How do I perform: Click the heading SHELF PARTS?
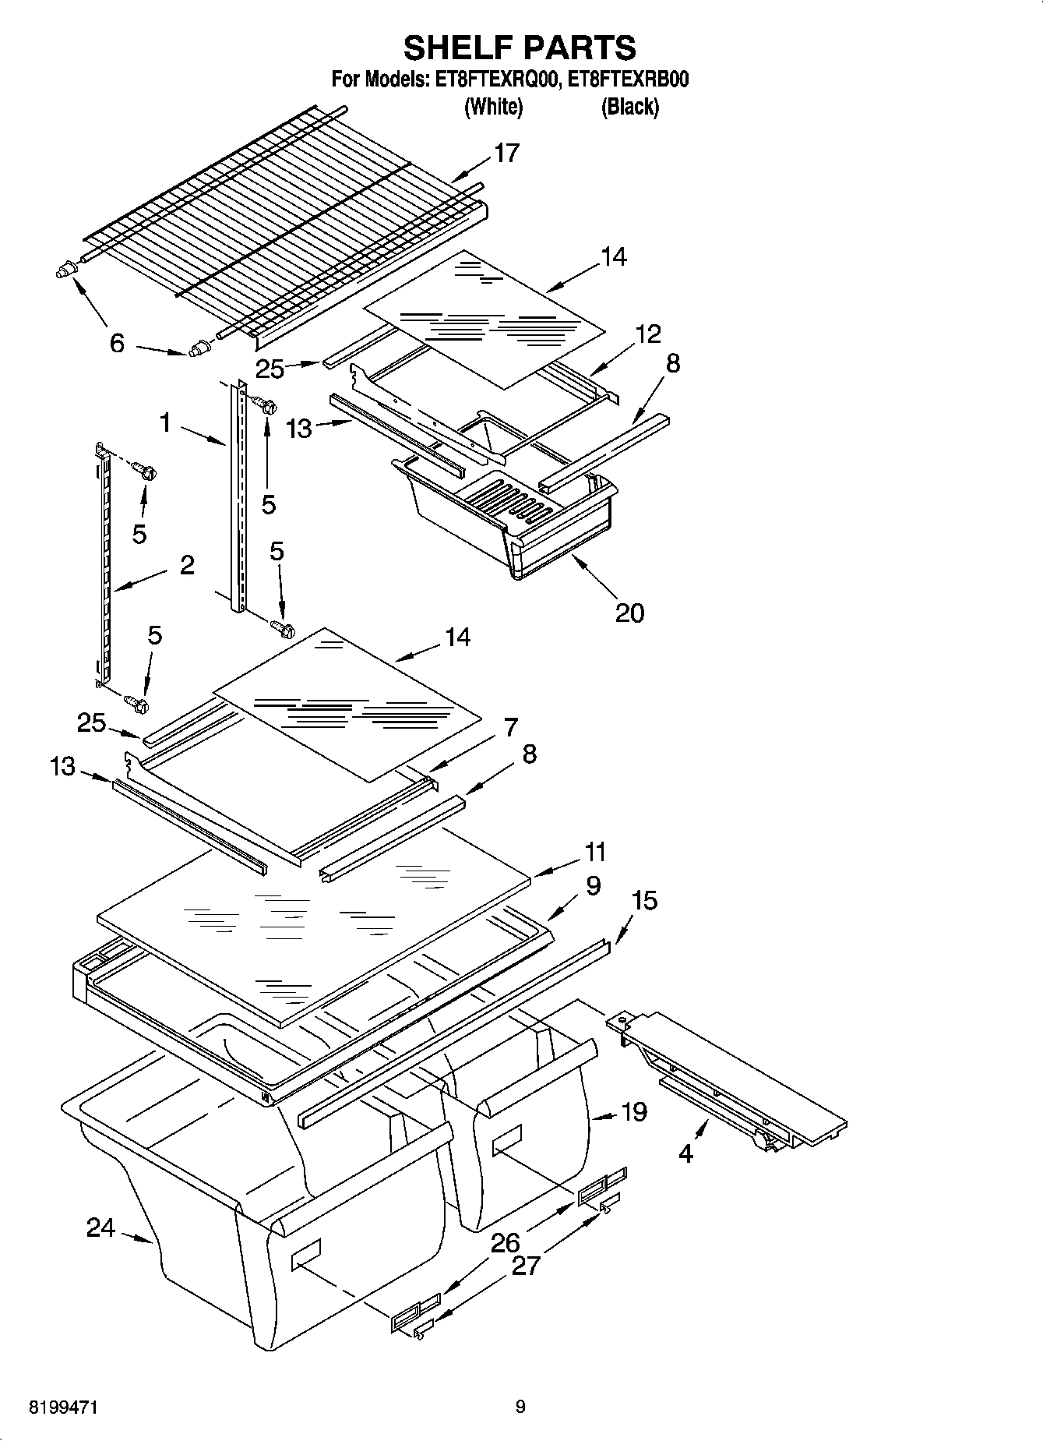[520, 48]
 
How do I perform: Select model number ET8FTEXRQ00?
[492, 79]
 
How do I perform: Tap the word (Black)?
[629, 107]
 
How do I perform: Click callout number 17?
[506, 154]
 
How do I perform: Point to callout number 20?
[629, 613]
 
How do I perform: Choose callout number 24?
[100, 1229]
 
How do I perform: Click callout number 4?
[685, 1153]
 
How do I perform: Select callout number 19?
[635, 1112]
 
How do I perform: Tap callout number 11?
[595, 852]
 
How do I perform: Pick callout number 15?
[644, 900]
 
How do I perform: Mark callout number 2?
[187, 565]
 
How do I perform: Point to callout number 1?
[165, 423]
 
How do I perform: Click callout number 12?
[648, 334]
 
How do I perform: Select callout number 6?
[116, 343]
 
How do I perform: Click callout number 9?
[593, 885]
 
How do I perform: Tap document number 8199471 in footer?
[63, 1407]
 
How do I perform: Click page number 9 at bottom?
[520, 1407]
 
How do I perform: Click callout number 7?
[510, 727]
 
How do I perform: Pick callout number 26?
[506, 1242]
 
